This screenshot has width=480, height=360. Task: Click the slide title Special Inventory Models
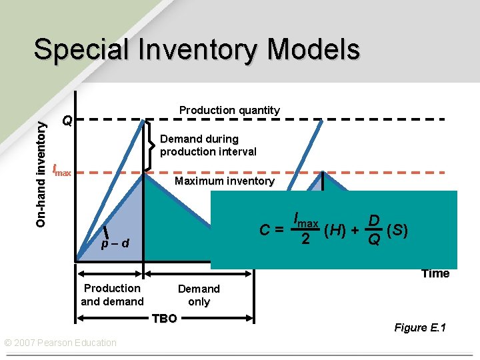[197, 50]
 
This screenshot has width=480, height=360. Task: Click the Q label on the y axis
[67, 121]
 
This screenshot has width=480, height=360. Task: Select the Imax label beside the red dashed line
[61, 171]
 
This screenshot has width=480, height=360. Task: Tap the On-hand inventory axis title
[41, 168]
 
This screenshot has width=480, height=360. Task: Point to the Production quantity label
[229, 110]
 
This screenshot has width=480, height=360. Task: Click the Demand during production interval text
[208, 145]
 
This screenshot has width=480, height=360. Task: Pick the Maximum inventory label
[224, 181]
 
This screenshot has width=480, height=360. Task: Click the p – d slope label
[115, 244]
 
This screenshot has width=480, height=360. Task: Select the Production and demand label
[112, 295]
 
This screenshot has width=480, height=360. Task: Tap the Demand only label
[199, 295]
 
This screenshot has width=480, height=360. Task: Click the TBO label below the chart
[164, 319]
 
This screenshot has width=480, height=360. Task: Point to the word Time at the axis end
[435, 273]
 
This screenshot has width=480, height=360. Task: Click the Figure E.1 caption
[420, 327]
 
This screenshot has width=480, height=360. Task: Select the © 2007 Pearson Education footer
[60, 343]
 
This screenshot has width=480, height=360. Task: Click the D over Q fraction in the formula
[375, 230]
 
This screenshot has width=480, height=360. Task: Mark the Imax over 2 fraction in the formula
[305, 229]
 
